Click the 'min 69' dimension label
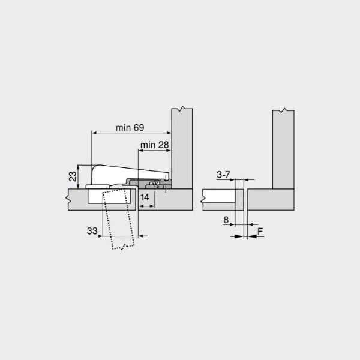coord(130,128)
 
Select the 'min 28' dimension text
coord(155,145)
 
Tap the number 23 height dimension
coord(73,176)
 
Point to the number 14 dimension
coord(145,197)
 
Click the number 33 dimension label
coord(92,231)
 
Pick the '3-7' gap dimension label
coord(223,175)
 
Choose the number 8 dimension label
coord(226,220)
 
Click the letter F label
coord(260,231)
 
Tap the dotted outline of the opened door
coord(118,219)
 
